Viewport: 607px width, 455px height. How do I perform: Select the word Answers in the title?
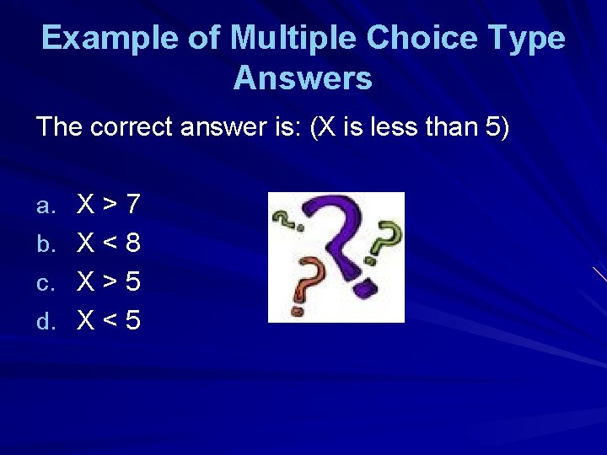pyautogui.click(x=303, y=78)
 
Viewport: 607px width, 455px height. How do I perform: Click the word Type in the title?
pyautogui.click(x=529, y=38)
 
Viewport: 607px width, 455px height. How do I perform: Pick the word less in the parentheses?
pyautogui.click(x=390, y=128)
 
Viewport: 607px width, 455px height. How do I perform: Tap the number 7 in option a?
pyautogui.click(x=132, y=204)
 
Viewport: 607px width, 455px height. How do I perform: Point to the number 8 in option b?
pyautogui.click(x=132, y=244)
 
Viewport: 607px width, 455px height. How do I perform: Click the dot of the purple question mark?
pyautogui.click(x=365, y=287)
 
